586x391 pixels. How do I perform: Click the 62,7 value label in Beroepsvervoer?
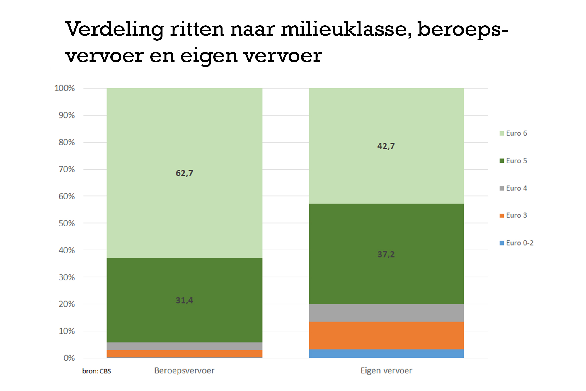pos(184,173)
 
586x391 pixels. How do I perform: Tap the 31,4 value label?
pos(184,300)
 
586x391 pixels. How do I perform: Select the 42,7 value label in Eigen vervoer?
pos(386,146)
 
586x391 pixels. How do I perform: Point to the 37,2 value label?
pos(386,254)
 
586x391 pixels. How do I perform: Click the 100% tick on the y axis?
pos(65,88)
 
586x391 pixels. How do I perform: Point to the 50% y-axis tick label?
pos(67,223)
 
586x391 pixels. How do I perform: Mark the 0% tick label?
pos(69,358)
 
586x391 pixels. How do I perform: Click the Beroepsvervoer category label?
pos(184,371)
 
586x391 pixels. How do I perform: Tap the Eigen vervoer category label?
pos(386,371)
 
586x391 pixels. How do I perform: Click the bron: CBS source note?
pos(97,371)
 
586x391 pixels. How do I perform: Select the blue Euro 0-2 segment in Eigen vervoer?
pos(386,353)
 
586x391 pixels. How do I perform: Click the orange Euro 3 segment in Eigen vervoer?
pos(386,336)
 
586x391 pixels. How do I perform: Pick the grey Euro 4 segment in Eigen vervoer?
pos(386,313)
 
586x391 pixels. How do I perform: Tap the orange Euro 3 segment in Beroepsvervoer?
pos(184,353)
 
